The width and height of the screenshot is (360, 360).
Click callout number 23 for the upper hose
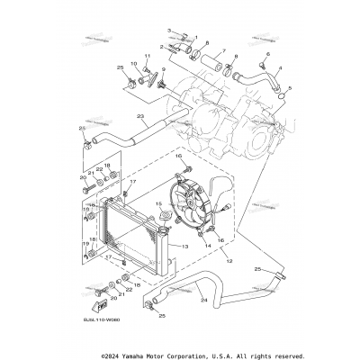pos(140,117)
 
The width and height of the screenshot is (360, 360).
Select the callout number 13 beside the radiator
pos(184,246)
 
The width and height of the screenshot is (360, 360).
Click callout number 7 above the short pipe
pos(208,42)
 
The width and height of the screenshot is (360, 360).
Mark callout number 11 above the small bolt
pos(148,57)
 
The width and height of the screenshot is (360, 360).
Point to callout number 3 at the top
pos(171,32)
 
